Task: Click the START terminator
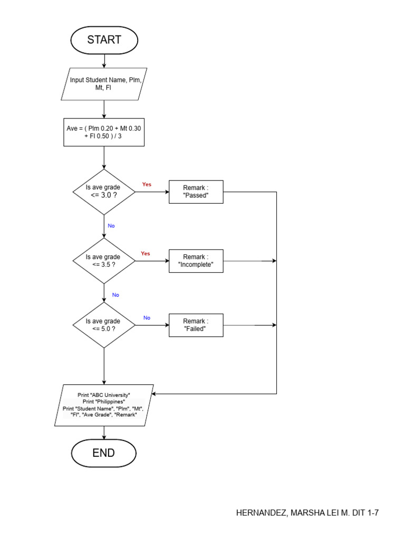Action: [x=104, y=40]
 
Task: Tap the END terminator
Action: [x=104, y=453]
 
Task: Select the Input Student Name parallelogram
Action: [x=104, y=84]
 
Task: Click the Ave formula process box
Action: [x=104, y=132]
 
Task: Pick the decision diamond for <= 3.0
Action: [x=104, y=192]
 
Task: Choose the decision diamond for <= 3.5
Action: [x=104, y=261]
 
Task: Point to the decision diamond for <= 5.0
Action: [x=104, y=325]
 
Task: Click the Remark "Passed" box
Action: [x=196, y=192]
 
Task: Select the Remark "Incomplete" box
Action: [x=196, y=261]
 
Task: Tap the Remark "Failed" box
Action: [x=196, y=325]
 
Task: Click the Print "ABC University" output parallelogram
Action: [x=104, y=405]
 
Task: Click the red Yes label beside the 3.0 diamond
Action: [x=147, y=185]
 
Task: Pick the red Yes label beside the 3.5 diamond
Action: [x=146, y=254]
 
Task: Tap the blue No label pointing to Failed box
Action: [x=147, y=318]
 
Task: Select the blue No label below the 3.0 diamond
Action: [x=111, y=226]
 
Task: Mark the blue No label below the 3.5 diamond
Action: [x=115, y=295]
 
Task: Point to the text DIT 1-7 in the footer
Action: [x=365, y=513]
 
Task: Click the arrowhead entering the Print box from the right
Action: [x=154, y=394]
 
